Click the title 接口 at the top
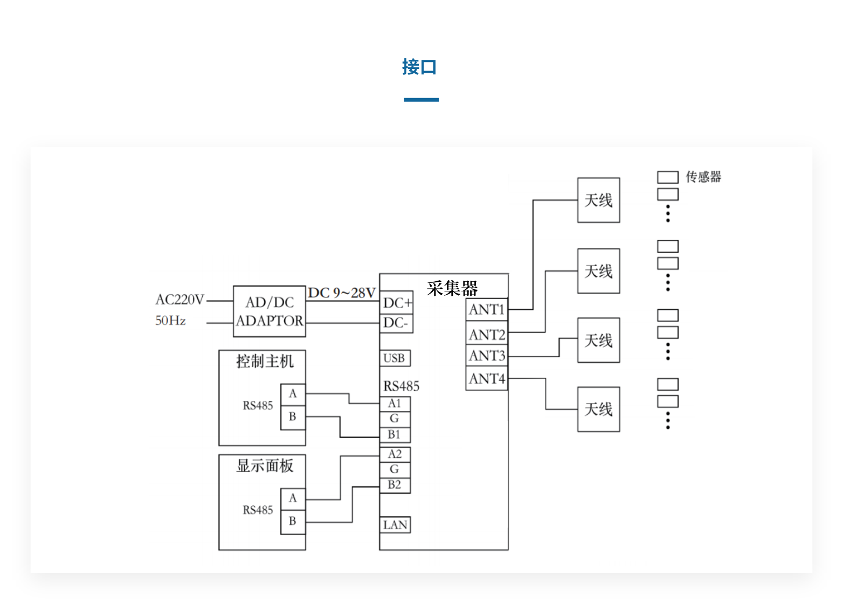419,67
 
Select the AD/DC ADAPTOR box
270,311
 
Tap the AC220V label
180,300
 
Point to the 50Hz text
170,321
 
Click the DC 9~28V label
342,293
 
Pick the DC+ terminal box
397,303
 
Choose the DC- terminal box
396,323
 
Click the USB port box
395,358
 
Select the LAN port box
395,525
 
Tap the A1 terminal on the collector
395,404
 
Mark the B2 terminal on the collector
395,485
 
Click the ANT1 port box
487,310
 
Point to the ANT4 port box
487,379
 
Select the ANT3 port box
487,356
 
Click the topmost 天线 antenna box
598,200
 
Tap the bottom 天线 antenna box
598,409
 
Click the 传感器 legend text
703,177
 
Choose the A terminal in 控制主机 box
293,394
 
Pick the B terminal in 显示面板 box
293,521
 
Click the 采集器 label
452,289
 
